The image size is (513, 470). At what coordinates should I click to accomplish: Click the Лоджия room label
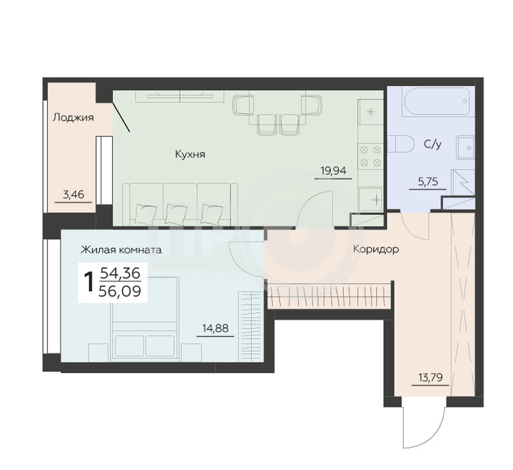point(73,117)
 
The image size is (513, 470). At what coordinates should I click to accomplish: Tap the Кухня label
point(190,154)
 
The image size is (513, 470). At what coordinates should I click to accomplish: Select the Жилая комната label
point(121,250)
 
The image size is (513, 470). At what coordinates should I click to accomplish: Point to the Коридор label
point(376,249)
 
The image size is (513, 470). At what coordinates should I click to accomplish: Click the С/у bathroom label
point(432,144)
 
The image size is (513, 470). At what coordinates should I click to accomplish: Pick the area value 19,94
point(333,171)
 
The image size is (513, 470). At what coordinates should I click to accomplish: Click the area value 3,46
point(73,194)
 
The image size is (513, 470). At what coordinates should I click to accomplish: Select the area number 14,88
point(215,328)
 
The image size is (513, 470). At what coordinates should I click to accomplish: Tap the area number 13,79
point(431,378)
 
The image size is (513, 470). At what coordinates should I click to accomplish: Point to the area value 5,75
point(428,181)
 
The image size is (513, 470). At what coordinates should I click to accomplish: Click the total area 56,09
point(120,291)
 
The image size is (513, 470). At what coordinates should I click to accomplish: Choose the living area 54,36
point(120,273)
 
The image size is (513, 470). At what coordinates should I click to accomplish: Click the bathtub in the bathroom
point(438,100)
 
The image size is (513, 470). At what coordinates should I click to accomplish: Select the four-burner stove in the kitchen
point(371,156)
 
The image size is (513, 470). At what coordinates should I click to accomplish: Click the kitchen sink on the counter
point(371,199)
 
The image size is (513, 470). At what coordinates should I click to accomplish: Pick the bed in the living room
point(145,321)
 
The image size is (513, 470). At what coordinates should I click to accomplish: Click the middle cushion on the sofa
point(176,214)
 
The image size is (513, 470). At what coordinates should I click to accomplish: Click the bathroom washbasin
point(466,148)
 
